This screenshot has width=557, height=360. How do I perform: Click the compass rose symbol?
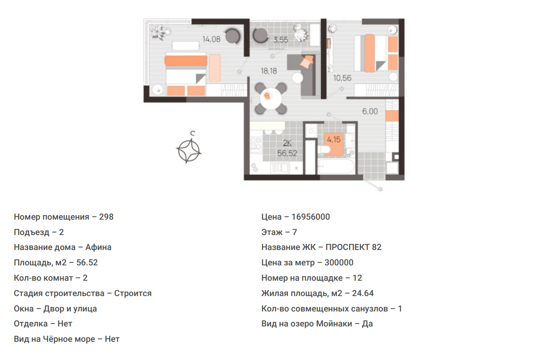click(189, 150)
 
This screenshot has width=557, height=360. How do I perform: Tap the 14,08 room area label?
click(212, 39)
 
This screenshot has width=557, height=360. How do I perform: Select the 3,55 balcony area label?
click(281, 40)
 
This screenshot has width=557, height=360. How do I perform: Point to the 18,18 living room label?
click(269, 71)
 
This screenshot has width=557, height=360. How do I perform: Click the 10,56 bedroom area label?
click(342, 78)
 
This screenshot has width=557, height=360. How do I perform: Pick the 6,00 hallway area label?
click(370, 111)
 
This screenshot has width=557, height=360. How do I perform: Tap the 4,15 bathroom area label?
click(334, 140)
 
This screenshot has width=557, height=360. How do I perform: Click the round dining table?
click(271, 98)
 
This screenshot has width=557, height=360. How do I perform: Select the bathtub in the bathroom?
click(336, 166)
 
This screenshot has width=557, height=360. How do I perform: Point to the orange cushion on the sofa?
click(307, 61)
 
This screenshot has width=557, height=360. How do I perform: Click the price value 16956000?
click(311, 217)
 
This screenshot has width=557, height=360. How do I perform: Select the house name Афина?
click(98, 248)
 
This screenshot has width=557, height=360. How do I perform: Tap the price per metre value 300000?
click(339, 263)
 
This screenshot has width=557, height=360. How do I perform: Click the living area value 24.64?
click(363, 293)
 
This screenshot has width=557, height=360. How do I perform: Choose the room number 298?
click(106, 217)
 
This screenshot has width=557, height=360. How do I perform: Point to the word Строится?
click(133, 294)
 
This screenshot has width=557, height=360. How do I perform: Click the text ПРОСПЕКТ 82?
click(354, 248)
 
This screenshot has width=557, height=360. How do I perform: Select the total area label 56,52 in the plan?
click(287, 153)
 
